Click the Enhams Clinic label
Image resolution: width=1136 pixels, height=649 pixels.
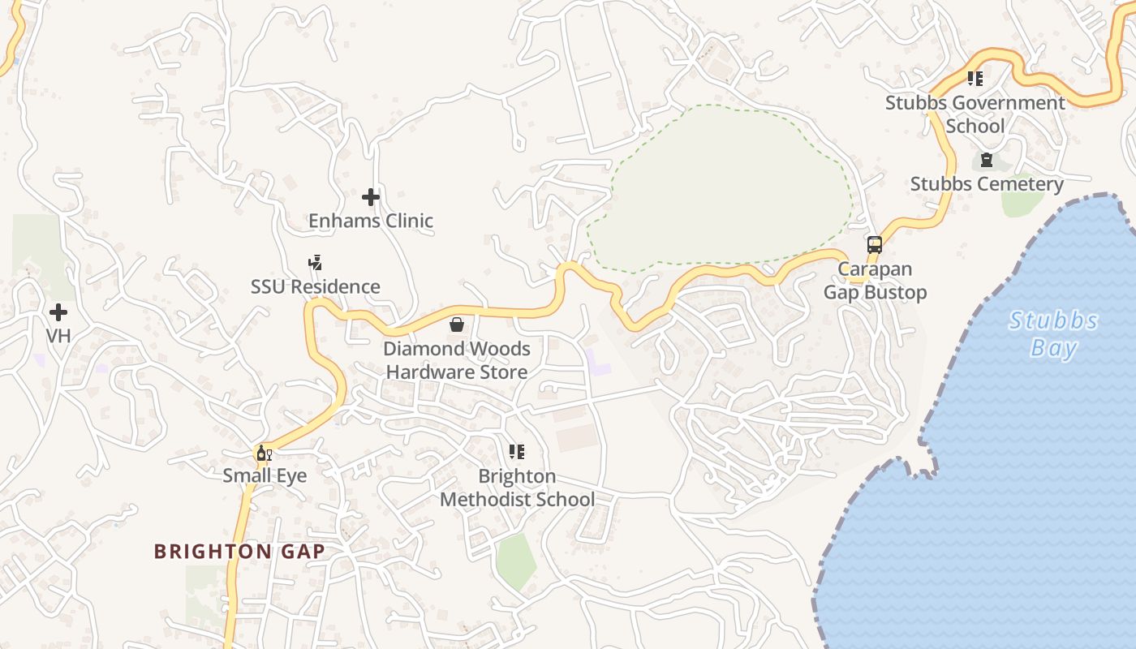pos(371,221)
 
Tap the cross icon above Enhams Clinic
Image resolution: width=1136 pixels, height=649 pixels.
pos(371,197)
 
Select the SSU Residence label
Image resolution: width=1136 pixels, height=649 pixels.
pos(315,286)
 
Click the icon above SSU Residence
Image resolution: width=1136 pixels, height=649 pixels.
pos(315,263)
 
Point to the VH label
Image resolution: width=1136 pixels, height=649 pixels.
pos(58,336)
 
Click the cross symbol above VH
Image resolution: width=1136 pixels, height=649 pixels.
pos(58,312)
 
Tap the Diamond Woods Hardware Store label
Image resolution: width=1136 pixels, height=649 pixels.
pos(457,360)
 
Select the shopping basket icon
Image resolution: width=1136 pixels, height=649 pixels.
pos(457,325)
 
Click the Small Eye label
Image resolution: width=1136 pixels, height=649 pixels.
pos(265,475)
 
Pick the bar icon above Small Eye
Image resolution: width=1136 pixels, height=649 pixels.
pos(264,453)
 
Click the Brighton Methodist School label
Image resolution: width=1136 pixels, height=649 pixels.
pos(517,488)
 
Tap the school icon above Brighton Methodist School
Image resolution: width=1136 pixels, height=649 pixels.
pos(517,452)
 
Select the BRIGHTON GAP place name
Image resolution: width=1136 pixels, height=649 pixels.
pos(239,552)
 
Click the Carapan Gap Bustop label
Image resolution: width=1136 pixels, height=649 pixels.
pos(875,281)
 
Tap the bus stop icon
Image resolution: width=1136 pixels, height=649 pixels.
pos(875,245)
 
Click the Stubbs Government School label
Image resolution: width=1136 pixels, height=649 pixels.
pos(975,114)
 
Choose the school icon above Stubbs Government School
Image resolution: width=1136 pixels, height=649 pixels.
pos(975,79)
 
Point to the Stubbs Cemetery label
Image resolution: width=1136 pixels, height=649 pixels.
pos(987,184)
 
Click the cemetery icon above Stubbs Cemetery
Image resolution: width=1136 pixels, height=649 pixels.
pos(987,161)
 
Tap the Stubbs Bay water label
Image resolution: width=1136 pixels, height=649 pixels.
pos(1053,334)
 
